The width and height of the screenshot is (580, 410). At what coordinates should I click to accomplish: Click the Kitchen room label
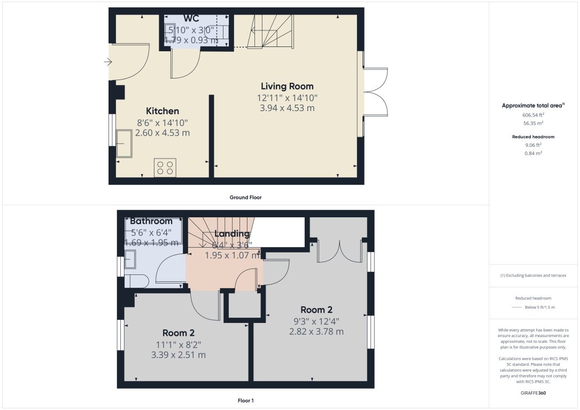[163, 111]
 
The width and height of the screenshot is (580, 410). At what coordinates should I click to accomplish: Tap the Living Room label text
[287, 86]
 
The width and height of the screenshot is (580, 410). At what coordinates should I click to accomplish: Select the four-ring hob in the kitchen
[165, 168]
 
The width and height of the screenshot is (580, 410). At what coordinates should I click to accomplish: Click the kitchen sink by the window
[124, 143]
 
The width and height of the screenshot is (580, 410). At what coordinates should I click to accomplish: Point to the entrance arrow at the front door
[107, 62]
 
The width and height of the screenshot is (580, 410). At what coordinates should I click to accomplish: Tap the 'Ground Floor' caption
[245, 197]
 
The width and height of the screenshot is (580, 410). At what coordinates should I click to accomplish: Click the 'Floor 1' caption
[245, 400]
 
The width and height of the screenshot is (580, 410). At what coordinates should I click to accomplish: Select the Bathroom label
[151, 221]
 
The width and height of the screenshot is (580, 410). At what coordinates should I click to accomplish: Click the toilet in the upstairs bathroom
[136, 281]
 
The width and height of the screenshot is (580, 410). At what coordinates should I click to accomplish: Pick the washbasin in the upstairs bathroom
[130, 259]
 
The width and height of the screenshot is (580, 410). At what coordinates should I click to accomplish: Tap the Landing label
[232, 233]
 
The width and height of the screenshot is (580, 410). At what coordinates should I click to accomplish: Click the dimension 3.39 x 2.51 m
[179, 355]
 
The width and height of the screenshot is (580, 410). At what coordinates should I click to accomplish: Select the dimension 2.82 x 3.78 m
[316, 332]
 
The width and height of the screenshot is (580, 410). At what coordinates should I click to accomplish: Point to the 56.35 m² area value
[533, 123]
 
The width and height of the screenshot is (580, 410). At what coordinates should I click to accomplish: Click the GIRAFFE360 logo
[533, 393]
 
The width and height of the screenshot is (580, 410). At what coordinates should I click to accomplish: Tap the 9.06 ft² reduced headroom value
[533, 145]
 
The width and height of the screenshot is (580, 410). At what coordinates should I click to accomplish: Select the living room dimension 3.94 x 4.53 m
[287, 108]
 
